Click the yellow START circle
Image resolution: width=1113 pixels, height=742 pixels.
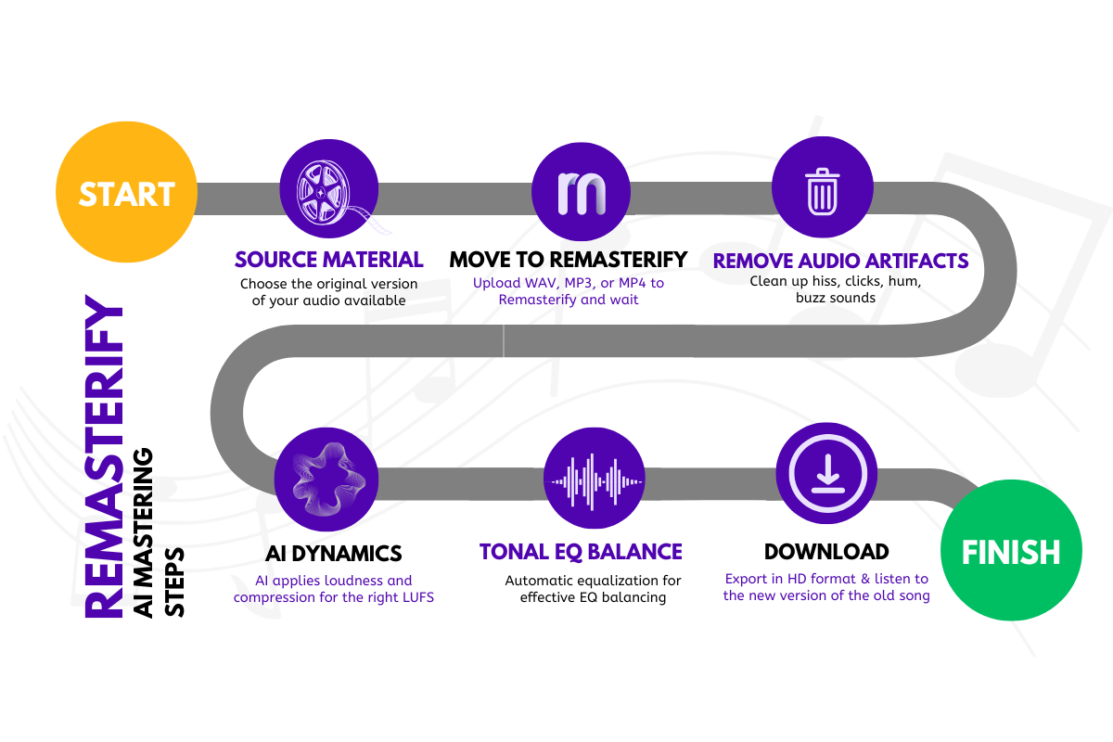pos(126,194)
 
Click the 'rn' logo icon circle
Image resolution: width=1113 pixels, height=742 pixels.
pos(582,192)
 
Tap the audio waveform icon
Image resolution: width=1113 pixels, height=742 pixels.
pos(594,481)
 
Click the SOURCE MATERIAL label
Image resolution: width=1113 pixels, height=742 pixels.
pos(329,259)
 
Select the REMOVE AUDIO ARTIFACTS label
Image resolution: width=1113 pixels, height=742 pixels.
pos(840,261)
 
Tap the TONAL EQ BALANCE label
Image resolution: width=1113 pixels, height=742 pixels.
pos(582,551)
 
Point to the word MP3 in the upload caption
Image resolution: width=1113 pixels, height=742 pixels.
pos(570,283)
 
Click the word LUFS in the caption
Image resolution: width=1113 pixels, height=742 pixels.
pos(414,598)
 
